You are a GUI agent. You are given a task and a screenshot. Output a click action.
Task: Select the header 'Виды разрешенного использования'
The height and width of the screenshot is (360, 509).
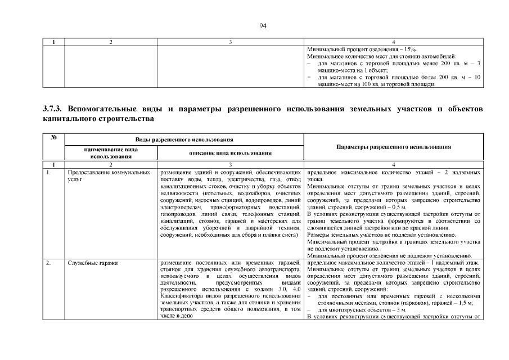184,138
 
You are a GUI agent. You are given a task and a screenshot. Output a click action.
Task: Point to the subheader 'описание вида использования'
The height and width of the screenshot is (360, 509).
231,152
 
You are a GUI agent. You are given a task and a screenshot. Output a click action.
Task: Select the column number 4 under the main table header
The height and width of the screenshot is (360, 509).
393,164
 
